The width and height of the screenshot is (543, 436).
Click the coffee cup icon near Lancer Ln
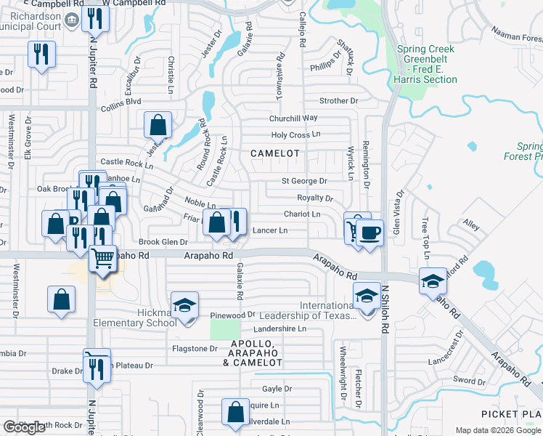(370, 233)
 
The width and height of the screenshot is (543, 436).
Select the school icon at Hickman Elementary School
(184, 304)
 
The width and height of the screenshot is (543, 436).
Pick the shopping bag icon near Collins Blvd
(158, 126)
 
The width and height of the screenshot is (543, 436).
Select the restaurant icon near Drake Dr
(95, 368)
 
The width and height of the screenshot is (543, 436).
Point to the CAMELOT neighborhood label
(275, 153)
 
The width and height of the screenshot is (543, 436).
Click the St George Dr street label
(304, 181)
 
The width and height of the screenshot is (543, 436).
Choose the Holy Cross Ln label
(295, 135)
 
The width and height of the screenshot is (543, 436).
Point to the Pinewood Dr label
(232, 315)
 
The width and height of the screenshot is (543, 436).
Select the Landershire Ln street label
(281, 328)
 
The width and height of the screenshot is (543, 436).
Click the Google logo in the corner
(24, 427)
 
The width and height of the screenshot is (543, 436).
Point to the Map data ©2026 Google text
(498, 430)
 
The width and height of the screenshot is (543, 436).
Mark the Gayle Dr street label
(277, 389)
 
